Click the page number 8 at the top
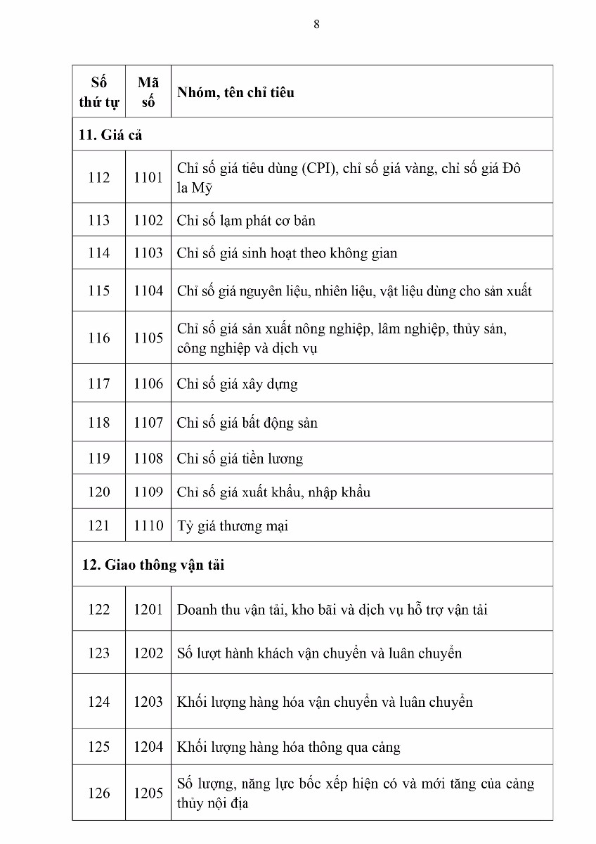316,24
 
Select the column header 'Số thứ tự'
98,91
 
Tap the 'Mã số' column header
148,91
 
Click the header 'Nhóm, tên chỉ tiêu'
235,92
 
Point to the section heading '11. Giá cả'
110,135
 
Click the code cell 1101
148,178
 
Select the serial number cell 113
98,221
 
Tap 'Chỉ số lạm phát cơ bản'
246,221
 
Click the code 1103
148,253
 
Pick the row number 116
98,338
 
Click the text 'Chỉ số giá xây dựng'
237,384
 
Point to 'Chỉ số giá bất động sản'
247,423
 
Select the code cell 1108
148,459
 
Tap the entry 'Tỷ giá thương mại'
232,526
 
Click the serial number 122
98,610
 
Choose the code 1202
148,653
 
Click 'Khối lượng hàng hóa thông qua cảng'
288,747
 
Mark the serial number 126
98,793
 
